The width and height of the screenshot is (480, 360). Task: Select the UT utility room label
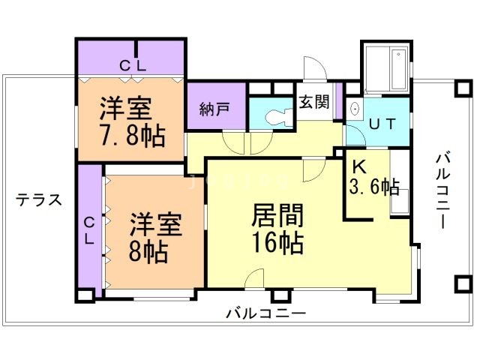click(380, 125)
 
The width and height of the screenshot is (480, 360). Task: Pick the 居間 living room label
click(277, 217)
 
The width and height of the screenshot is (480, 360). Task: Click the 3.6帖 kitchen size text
click(373, 187)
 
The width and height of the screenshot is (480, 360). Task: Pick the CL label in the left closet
click(88, 230)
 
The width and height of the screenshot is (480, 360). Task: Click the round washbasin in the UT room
click(354, 109)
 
